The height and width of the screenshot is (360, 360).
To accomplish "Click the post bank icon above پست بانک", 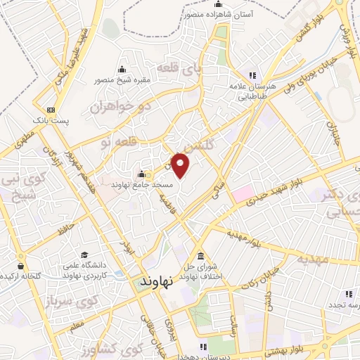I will (51, 110).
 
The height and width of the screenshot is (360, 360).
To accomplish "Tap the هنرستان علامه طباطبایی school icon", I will (251, 76).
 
